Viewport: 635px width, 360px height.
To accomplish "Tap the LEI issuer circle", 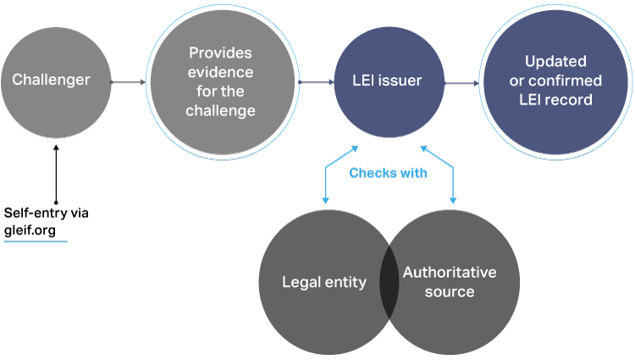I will tap(389, 82).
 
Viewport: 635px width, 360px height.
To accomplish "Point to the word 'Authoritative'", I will tap(450, 273).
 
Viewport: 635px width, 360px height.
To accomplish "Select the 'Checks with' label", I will tap(389, 173).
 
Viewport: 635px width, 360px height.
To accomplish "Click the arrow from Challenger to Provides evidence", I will tap(129, 82).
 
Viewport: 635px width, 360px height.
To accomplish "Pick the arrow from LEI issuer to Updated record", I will tap(461, 83).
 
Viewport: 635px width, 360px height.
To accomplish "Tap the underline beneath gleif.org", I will tap(36, 241).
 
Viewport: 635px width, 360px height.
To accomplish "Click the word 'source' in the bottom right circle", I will tap(450, 292).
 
